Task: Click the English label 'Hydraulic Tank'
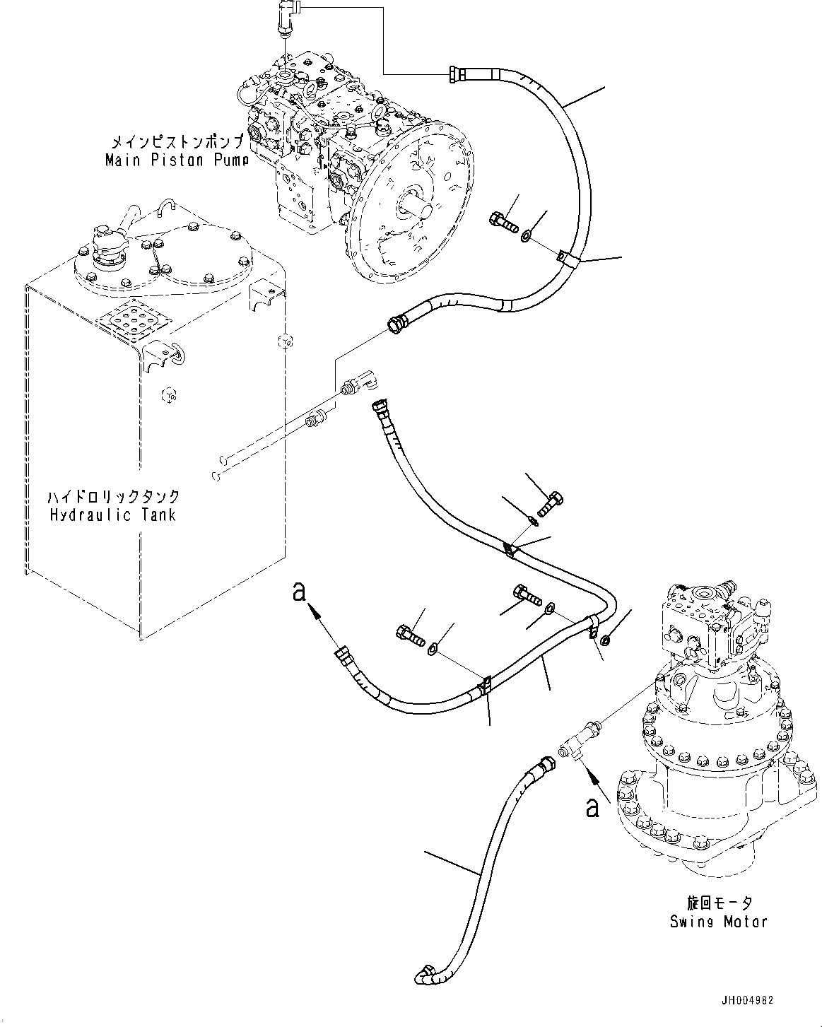(x=112, y=515)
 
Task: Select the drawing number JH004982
(x=748, y=1000)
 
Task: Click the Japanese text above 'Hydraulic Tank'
(x=112, y=497)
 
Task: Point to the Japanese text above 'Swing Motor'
(x=719, y=903)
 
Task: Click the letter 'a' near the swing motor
(x=592, y=806)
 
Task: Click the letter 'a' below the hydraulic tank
(x=299, y=591)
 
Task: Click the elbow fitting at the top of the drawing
(x=287, y=16)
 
